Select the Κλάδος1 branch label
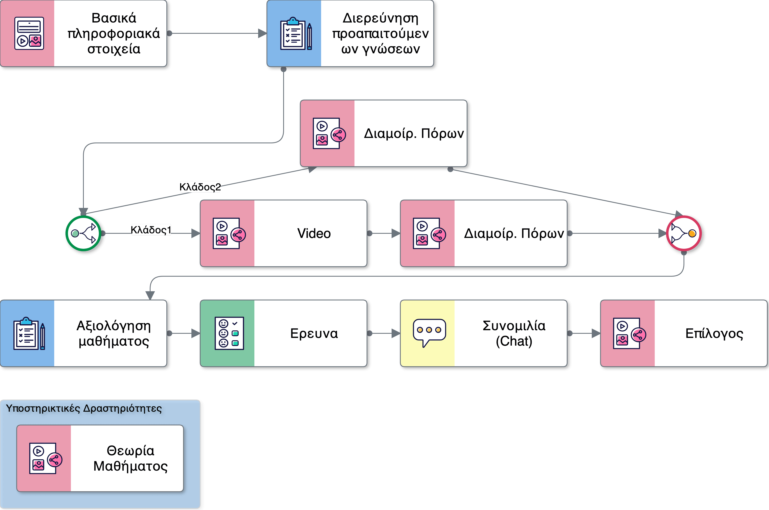(151, 230)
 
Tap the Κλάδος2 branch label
(200, 187)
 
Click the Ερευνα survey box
(283, 333)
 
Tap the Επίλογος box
(684, 333)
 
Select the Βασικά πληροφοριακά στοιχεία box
(83, 34)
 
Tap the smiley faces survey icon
(229, 333)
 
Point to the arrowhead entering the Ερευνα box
(195, 333)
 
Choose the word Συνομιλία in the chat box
(514, 326)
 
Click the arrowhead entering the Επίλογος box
(596, 333)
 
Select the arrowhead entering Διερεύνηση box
(262, 33)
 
